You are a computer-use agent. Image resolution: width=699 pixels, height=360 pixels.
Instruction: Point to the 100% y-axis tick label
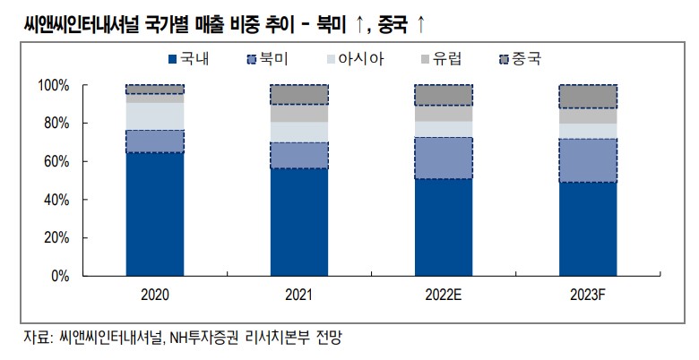[x=54, y=85]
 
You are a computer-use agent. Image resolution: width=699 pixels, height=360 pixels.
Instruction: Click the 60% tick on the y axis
[x=56, y=161]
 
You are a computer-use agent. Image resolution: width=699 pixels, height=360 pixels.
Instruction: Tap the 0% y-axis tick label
[x=60, y=276]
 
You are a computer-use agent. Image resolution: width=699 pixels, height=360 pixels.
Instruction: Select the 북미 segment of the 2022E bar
[x=443, y=158]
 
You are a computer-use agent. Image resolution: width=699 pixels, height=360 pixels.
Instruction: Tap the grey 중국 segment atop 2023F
[x=587, y=96]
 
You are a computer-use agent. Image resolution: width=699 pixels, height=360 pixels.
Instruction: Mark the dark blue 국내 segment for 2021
[x=298, y=222]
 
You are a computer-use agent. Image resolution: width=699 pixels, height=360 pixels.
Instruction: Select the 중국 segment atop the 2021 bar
[x=298, y=94]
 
